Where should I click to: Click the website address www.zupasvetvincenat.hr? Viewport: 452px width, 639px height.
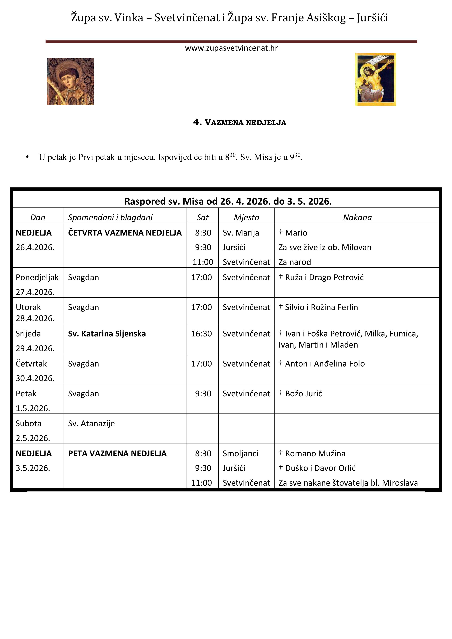(231, 48)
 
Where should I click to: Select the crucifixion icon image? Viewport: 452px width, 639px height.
(375, 79)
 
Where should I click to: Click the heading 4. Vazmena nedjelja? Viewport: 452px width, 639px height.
(240, 122)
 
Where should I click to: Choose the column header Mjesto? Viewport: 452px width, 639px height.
(246, 217)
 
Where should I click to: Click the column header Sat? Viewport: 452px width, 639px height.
(202, 217)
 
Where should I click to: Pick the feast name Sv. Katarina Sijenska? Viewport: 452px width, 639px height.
(107, 334)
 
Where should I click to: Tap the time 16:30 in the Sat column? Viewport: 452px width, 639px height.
(201, 334)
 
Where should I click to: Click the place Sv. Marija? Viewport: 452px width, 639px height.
(241, 233)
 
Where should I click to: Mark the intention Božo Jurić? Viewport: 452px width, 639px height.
(303, 393)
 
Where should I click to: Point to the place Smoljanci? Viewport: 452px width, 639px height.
(240, 453)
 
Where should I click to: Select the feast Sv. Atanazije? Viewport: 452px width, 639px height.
(91, 423)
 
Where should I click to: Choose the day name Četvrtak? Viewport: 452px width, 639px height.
(31, 364)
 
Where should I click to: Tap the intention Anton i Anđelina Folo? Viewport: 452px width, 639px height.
(324, 364)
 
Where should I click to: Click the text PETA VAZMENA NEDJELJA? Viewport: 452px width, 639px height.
(117, 453)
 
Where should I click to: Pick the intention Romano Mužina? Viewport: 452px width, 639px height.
(315, 453)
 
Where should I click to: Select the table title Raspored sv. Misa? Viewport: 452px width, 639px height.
(228, 201)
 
